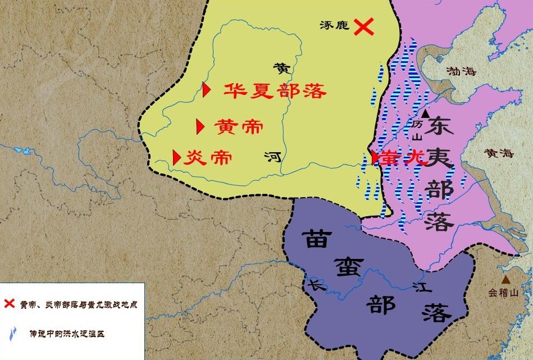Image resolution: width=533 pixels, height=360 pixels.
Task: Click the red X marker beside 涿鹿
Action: [x=364, y=26]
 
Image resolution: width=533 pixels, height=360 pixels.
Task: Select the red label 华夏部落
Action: [x=275, y=90]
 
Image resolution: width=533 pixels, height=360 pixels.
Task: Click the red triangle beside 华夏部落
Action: [x=207, y=89]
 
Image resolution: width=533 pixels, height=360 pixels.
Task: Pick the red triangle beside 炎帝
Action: [x=176, y=157]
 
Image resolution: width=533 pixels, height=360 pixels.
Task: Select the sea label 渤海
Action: [x=461, y=71]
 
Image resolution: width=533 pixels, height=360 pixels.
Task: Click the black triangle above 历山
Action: [x=425, y=113]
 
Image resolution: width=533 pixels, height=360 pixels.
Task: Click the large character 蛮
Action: [x=345, y=268]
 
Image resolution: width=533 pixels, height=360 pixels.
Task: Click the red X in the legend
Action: [x=9, y=304]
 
